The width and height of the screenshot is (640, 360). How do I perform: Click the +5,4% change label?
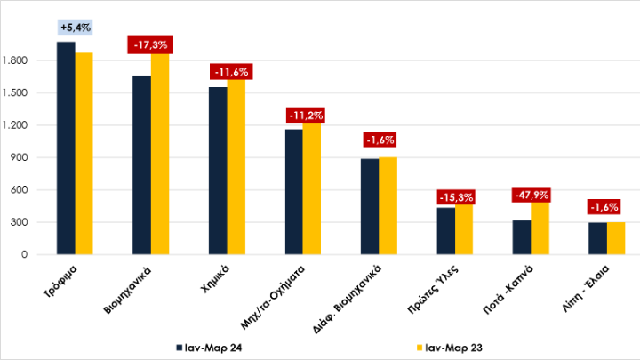(75, 28)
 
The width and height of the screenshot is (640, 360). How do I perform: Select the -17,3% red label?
(150, 44)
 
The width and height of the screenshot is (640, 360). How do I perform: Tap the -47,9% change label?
(532, 194)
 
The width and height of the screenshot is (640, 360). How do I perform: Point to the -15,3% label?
(455, 197)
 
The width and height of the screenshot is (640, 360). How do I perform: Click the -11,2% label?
(303, 115)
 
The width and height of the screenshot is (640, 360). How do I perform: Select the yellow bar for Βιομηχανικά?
(160, 156)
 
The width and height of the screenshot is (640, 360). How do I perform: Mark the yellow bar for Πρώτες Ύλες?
(464, 230)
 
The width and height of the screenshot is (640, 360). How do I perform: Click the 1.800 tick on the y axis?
(27, 61)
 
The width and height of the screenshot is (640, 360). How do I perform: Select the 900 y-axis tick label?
(32, 158)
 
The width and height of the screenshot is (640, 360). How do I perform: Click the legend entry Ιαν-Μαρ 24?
(212, 346)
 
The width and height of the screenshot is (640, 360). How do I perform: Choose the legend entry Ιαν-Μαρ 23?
(449, 346)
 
